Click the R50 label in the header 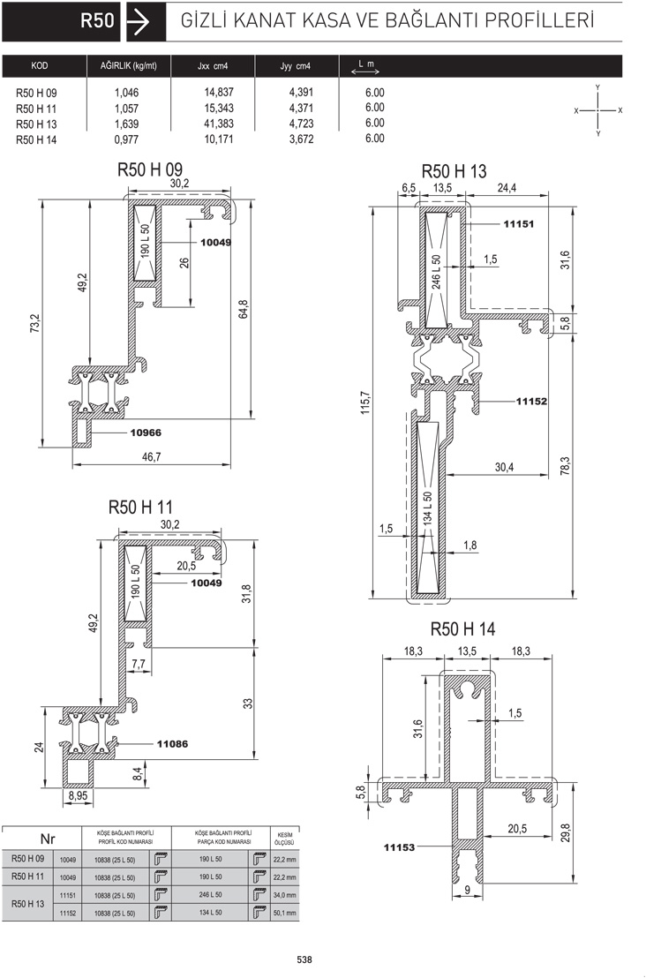97,20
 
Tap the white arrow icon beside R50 138,22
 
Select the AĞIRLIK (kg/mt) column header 129,65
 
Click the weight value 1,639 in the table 126,124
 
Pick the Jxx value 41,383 219,124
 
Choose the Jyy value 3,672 301,139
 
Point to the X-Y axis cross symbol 598,110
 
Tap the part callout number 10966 146,433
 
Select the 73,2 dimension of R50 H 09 35,323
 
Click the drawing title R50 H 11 140,507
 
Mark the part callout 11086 172,743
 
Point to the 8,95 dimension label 78,795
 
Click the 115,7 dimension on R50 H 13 366,402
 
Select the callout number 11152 531,401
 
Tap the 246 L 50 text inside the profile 436,271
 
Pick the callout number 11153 399,847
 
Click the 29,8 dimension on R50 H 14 566,832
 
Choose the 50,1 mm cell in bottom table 284,914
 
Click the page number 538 304,959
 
